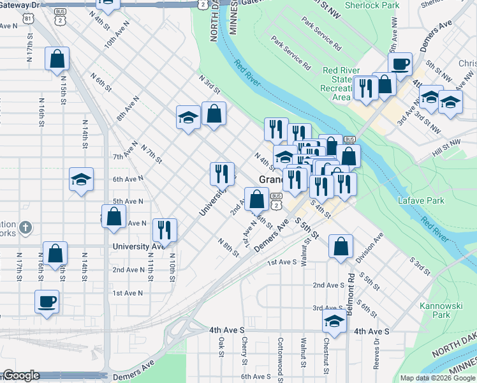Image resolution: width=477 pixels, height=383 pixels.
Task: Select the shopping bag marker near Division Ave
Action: point(341,246)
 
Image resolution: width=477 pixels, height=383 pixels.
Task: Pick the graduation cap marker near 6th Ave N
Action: point(82,179)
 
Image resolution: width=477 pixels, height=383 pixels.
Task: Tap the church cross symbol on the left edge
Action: point(25,227)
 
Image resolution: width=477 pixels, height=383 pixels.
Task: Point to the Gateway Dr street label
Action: point(20,4)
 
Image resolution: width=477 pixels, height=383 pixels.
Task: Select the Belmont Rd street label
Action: point(351,288)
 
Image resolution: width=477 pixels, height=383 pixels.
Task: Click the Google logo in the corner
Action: point(20,375)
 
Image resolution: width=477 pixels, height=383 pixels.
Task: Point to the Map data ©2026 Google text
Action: point(437,378)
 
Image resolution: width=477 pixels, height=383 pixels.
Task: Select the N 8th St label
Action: point(228,248)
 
